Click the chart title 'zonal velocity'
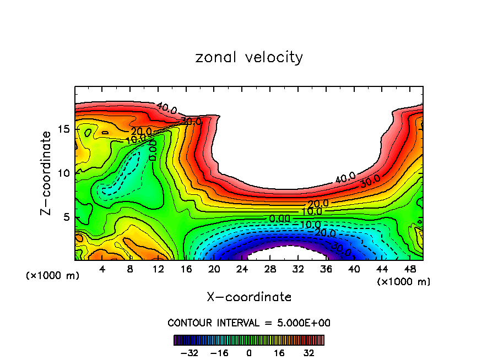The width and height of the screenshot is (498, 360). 249,57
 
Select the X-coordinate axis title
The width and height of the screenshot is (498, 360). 249,297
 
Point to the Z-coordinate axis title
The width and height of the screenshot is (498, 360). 46,173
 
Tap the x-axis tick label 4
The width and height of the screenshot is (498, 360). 102,269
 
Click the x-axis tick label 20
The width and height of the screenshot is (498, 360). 214,269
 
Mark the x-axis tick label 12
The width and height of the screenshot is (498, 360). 158,269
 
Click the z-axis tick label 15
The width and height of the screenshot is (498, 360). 63,129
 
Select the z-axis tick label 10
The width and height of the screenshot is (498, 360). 63,173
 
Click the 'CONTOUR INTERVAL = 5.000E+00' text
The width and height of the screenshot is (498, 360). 249,323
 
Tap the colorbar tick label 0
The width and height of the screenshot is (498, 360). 249,352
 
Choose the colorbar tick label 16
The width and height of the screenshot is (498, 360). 279,352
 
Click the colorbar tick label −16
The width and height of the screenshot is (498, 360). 219,352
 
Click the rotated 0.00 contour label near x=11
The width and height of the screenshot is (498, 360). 153,150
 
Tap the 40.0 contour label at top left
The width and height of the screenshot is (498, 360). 166,108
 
